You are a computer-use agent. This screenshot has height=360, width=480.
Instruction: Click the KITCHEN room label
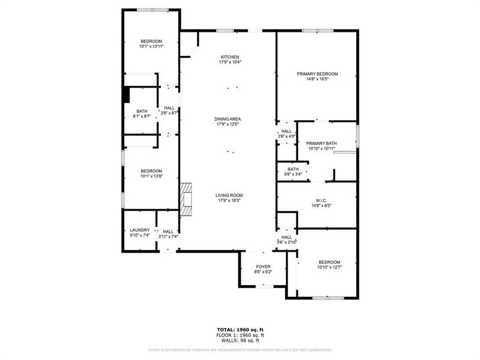pyautogui.click(x=230, y=57)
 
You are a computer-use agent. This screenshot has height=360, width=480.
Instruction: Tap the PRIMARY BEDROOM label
pyautogui.click(x=313, y=74)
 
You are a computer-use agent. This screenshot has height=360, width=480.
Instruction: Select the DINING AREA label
pyautogui.click(x=227, y=119)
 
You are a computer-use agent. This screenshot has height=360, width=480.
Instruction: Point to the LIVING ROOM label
pyautogui.click(x=230, y=195)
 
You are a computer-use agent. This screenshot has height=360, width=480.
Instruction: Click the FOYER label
pyautogui.click(x=263, y=266)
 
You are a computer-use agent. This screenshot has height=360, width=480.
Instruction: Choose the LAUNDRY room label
pyautogui.click(x=139, y=230)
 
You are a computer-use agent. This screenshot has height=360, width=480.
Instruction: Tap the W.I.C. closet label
pyautogui.click(x=321, y=201)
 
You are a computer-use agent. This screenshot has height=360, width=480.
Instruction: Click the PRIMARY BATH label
pyautogui.click(x=322, y=143)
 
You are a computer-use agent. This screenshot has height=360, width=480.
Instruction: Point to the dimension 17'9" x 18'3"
pyautogui.click(x=230, y=200)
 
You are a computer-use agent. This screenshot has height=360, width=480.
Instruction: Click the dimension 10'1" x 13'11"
pyautogui.click(x=151, y=46)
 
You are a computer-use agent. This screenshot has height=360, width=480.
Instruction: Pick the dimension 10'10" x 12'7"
pyautogui.click(x=329, y=267)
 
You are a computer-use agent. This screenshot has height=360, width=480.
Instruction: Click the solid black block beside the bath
pyautogui.click(x=126, y=95)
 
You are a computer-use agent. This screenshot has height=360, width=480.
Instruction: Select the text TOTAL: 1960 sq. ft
pyautogui.click(x=240, y=329)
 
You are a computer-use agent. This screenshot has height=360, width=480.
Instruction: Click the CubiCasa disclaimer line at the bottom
pyautogui.click(x=240, y=349)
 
